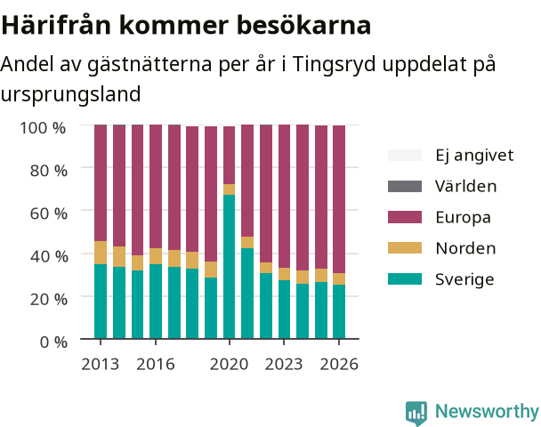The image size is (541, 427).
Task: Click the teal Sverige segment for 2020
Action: click(229, 267)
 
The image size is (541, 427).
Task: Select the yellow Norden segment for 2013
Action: click(101, 253)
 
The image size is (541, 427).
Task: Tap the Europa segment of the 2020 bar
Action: click(229, 155)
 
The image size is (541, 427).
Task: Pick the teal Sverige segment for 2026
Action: click(339, 311)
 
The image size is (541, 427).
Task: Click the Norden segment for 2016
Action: click(156, 256)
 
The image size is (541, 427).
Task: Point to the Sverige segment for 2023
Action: click(285, 310)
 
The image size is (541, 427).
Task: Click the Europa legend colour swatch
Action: click(405, 217)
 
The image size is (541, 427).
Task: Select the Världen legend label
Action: click(465, 186)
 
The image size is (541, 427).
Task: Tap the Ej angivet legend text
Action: click(474, 156)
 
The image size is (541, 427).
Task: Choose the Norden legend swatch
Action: click(405, 248)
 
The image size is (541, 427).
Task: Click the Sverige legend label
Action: click(464, 279)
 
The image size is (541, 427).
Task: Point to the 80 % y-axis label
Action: click(48, 171)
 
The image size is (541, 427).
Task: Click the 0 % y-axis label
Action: click(53, 342)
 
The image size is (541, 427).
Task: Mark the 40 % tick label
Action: click(48, 256)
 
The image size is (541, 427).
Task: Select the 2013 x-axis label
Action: click(100, 364)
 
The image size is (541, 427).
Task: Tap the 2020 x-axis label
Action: click(229, 364)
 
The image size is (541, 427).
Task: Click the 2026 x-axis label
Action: click(339, 364)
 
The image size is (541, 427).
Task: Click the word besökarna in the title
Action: click(304, 25)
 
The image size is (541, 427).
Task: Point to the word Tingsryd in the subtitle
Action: click(334, 65)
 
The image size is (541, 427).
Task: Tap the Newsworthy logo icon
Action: click(416, 413)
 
